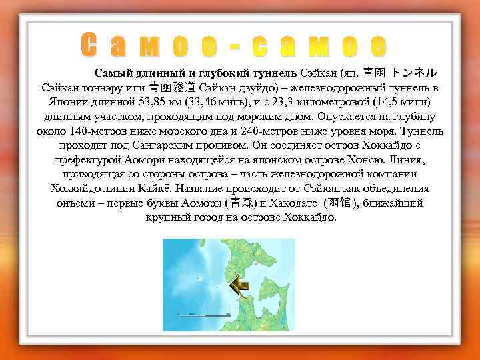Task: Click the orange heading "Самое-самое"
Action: [233, 45]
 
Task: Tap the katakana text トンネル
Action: [414, 71]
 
